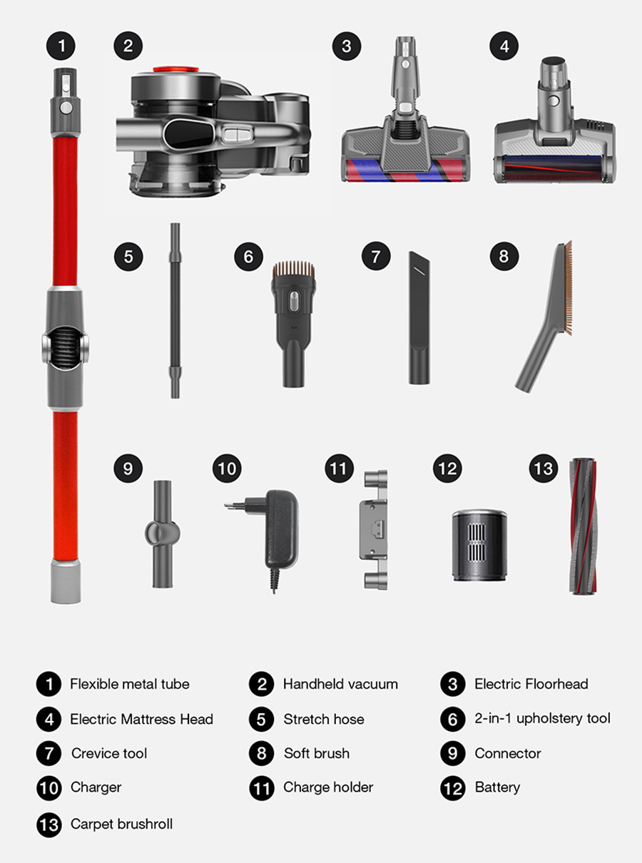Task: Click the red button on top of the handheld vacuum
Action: pos(176,69)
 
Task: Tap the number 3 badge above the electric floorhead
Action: pos(347,46)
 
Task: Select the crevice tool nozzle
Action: pos(419,318)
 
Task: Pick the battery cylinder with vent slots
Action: pos(479,546)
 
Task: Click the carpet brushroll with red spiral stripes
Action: pos(584,526)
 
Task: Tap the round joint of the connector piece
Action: pos(163,533)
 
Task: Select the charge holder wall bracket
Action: pos(374,530)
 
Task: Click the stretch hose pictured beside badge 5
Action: pos(175,310)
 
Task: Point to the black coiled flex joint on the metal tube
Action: pos(65,348)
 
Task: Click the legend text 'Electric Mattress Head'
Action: pos(141,719)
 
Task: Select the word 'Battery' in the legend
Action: pos(497,787)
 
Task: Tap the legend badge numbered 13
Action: pos(49,824)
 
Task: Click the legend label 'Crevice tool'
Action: pos(109,753)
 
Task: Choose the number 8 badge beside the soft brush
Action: pos(504,256)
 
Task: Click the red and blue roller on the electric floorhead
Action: pos(405,170)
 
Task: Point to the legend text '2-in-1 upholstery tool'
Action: pos(542,718)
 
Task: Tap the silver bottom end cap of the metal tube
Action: pos(66,581)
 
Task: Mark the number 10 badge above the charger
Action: pos(227,469)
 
